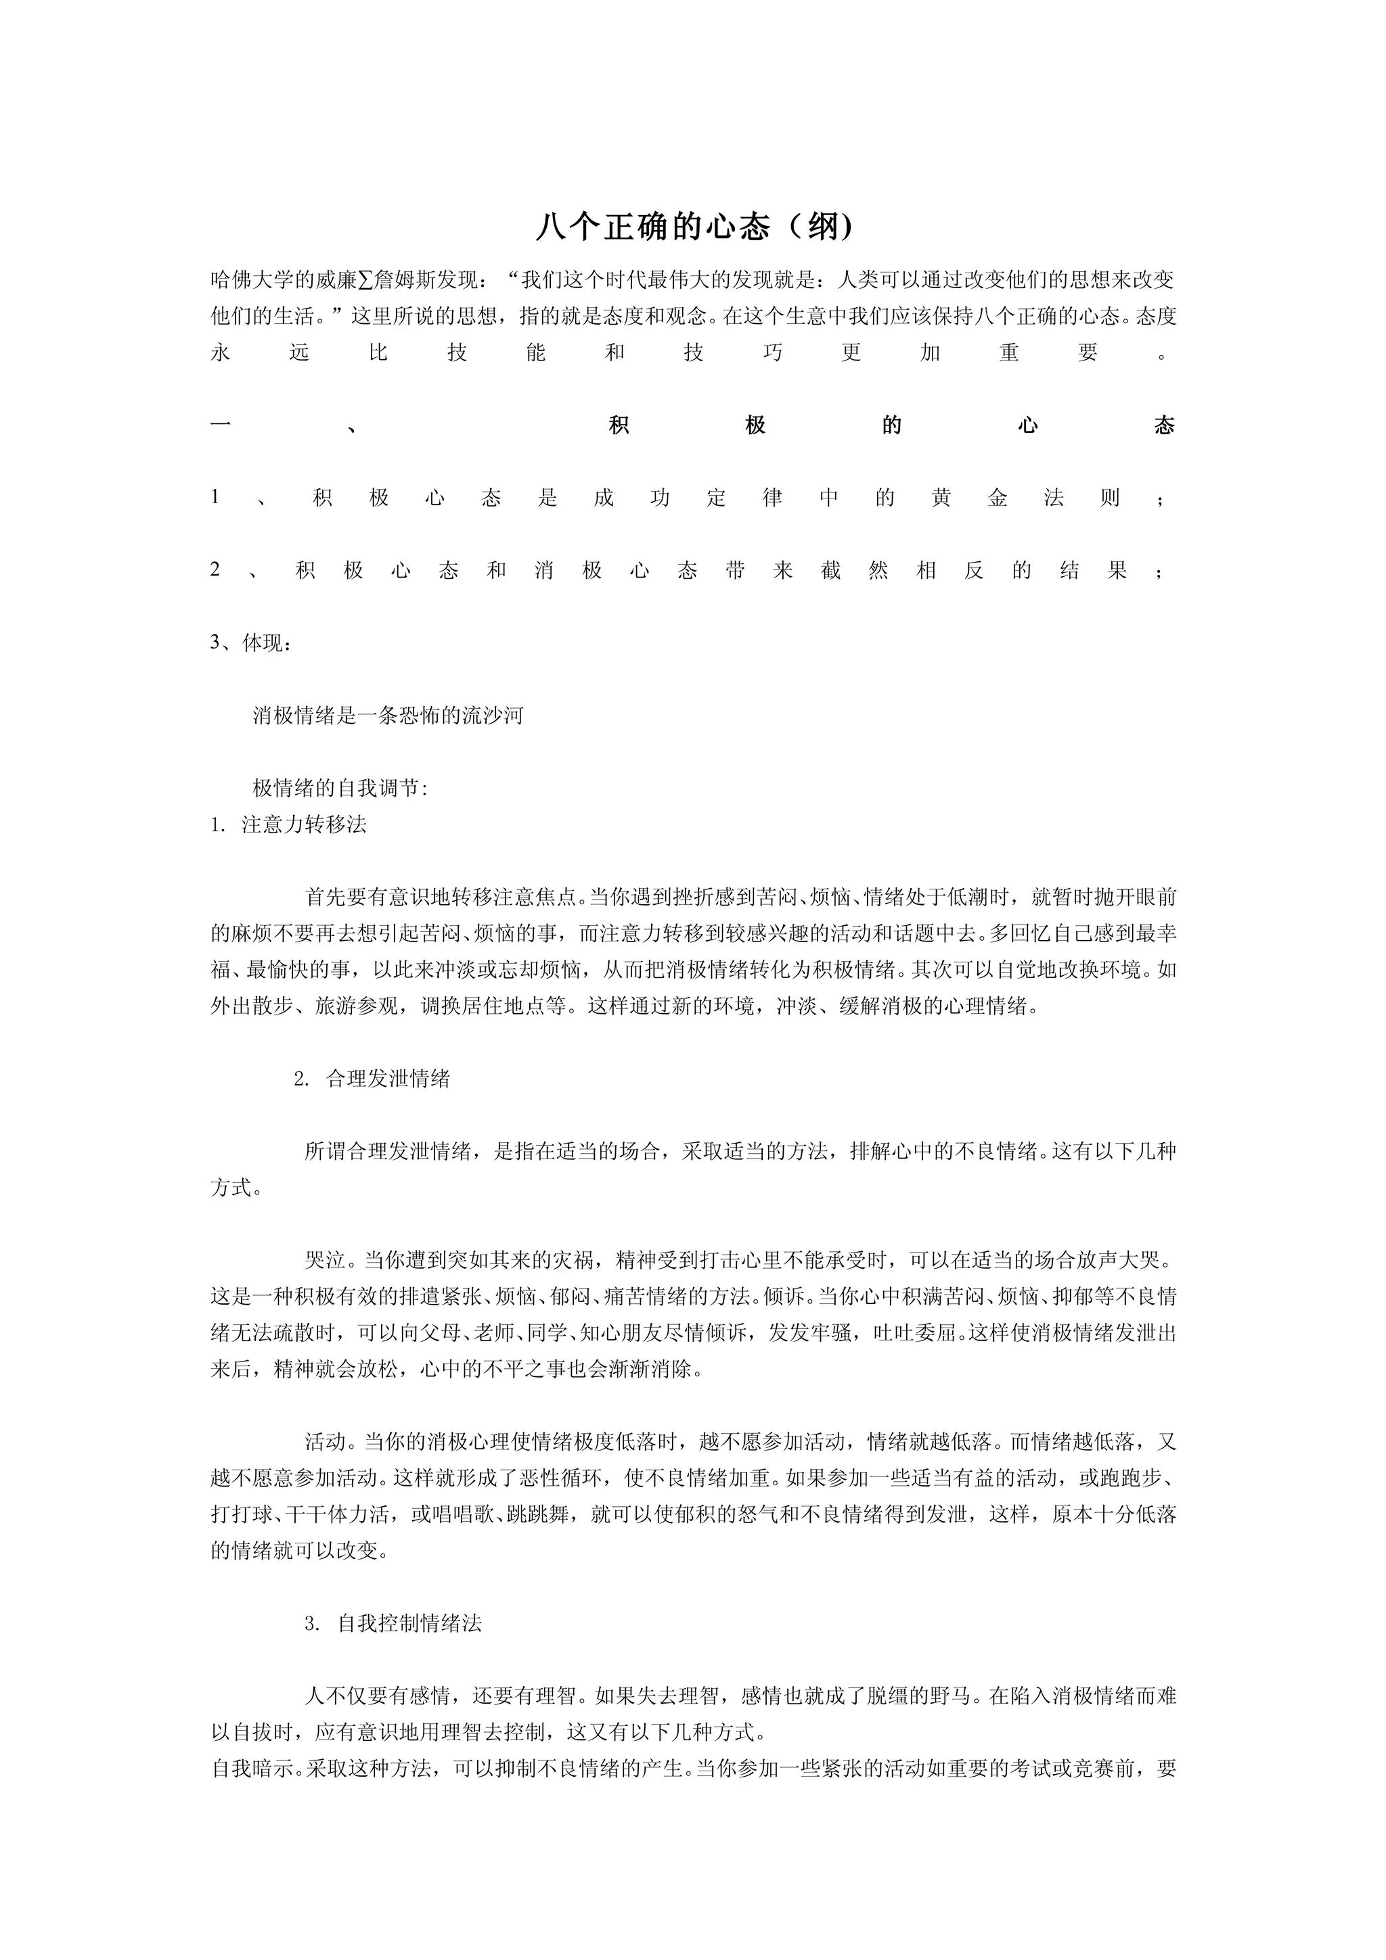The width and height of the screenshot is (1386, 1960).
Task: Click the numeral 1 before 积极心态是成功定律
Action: click(216, 497)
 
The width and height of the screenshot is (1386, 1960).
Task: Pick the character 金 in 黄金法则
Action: click(998, 498)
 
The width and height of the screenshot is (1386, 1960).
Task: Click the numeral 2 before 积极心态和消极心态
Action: click(216, 569)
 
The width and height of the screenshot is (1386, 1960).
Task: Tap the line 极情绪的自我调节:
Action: click(340, 788)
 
